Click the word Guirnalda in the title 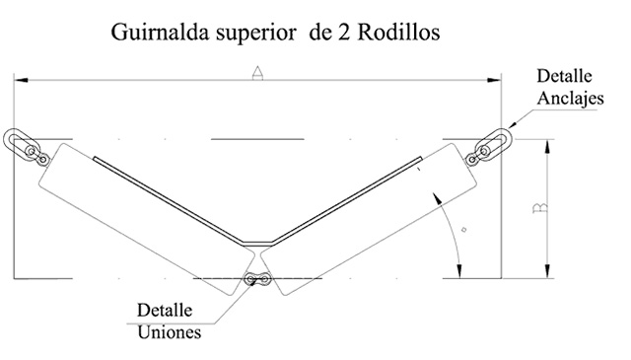pos(160,33)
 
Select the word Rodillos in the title pos(398,33)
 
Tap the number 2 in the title pos(344,33)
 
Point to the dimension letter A pos(257,73)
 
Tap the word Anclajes pos(570,99)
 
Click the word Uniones pos(169,332)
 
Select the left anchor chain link pos(25,147)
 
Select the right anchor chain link pos(490,147)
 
